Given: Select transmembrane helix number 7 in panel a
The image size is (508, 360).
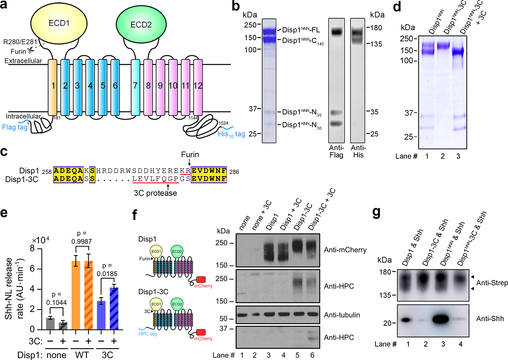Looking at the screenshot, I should [135, 86].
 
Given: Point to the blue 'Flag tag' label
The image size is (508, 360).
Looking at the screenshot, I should [15, 127].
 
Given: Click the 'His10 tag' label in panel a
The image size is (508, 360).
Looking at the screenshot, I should [231, 134].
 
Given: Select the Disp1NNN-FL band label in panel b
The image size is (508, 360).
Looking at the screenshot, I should [301, 30].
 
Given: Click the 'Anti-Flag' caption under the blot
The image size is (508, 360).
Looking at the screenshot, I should [336, 151].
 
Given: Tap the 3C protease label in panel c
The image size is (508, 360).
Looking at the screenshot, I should [155, 193].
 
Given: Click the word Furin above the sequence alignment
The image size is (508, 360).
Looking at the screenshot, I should [190, 154].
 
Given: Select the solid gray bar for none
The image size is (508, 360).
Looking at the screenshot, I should [50, 323].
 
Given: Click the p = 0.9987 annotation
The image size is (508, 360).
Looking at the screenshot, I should [82, 237].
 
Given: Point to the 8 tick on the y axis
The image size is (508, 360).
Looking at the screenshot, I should [32, 249].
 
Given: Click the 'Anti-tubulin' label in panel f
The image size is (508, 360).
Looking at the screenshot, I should [342, 315].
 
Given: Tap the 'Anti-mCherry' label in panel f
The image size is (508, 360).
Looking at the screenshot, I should [345, 250].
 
